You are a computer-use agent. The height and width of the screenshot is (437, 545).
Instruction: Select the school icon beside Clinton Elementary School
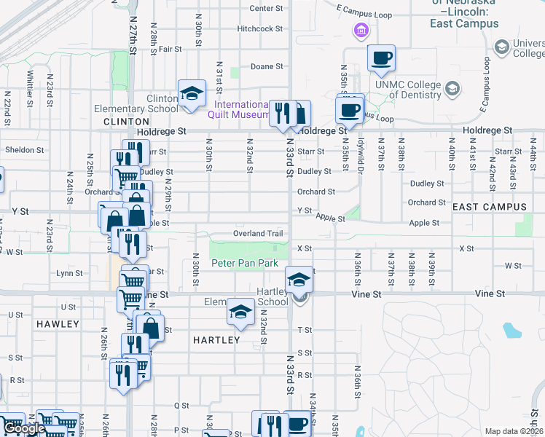click(x=192, y=94)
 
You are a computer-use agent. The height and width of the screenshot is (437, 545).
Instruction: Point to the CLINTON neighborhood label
click(x=121, y=122)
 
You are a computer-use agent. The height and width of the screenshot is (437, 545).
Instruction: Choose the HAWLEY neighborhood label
click(x=58, y=323)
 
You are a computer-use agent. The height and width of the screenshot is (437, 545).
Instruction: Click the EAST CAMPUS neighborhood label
click(x=489, y=208)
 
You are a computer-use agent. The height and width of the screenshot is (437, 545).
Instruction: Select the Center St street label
click(x=266, y=9)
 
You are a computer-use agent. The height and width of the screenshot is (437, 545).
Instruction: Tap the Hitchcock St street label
click(x=259, y=29)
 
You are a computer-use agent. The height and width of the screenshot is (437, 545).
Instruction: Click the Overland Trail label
click(x=257, y=234)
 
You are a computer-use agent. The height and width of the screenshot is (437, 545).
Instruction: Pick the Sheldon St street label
click(x=25, y=150)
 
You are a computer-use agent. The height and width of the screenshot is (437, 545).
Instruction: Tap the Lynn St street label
click(x=68, y=273)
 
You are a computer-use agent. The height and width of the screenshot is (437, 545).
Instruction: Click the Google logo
click(x=25, y=429)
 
